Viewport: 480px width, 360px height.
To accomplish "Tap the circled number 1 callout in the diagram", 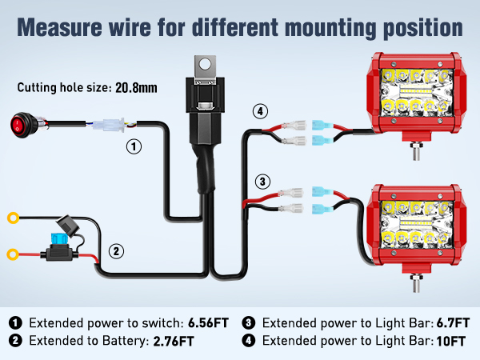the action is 134,146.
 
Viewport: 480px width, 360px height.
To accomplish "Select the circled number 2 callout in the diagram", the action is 116,251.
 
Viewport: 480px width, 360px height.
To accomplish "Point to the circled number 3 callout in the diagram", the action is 262,182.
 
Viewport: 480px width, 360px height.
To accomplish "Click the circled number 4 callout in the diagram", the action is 260,111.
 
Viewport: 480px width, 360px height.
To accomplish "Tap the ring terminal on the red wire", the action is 13,254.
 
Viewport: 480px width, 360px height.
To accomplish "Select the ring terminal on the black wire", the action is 13,218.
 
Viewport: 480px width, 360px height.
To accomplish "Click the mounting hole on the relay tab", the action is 205,64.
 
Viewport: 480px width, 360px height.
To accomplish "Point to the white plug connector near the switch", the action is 109,125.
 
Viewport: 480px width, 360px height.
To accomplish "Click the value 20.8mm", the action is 136,88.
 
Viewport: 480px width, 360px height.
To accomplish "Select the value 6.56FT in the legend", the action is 208,323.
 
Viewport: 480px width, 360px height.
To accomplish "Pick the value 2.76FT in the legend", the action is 174,341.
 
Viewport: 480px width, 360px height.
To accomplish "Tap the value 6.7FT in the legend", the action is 453,323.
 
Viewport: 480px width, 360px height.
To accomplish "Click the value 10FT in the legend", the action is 451,341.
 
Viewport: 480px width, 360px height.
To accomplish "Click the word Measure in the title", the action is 59,27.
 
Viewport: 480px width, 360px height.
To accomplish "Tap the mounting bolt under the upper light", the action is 415,151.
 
